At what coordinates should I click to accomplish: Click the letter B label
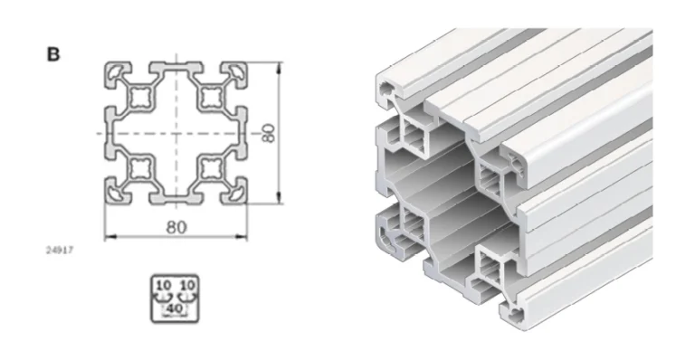(x=53, y=54)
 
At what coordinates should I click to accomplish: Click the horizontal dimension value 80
(x=176, y=226)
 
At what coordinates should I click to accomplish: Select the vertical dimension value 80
(x=268, y=133)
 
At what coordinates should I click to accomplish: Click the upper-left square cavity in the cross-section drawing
(x=141, y=98)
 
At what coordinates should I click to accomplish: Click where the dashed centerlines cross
(x=176, y=133)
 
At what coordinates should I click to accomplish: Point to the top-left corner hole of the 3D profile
(x=387, y=88)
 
